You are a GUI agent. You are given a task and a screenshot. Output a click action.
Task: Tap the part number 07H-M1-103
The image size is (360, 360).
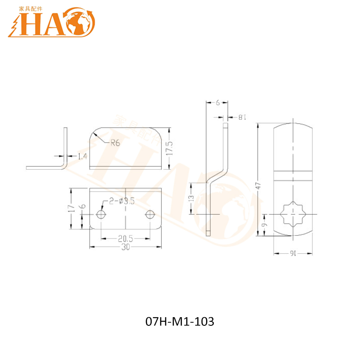(x=180, y=322)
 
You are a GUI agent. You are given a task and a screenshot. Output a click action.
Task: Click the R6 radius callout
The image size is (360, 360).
(x=116, y=143)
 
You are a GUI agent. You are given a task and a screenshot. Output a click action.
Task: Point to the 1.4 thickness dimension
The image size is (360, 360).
(x=82, y=156)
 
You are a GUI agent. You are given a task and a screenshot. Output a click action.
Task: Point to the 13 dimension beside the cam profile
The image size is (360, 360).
(x=191, y=198)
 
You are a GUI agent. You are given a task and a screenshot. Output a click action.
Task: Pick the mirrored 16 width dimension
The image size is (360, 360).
(x=292, y=253)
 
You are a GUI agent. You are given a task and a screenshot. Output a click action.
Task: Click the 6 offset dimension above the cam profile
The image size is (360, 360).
(x=217, y=103)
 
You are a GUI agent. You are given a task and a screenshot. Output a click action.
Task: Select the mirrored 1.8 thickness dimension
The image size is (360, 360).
(x=241, y=117)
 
